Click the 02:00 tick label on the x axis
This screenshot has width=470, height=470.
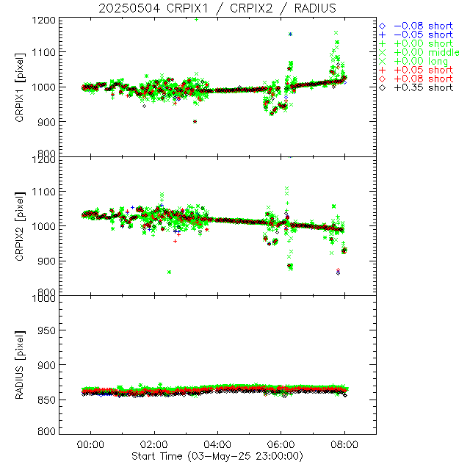coord(154,445)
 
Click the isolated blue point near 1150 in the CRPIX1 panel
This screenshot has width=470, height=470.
coord(290,34)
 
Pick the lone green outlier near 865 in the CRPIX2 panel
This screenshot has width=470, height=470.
coord(170,272)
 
